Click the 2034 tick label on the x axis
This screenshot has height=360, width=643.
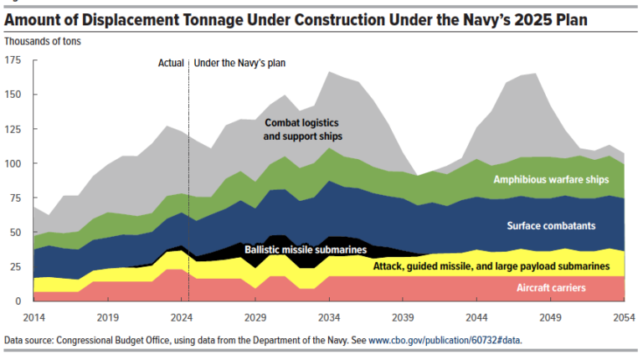(x=330, y=318)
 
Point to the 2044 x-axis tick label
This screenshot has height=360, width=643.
(x=477, y=318)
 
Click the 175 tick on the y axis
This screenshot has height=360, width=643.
(x=14, y=60)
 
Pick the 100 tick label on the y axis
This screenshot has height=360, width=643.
(x=14, y=163)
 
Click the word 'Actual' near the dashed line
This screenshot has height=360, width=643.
(x=172, y=62)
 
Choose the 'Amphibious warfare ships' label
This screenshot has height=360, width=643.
(x=551, y=179)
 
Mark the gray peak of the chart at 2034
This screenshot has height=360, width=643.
(x=330, y=73)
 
